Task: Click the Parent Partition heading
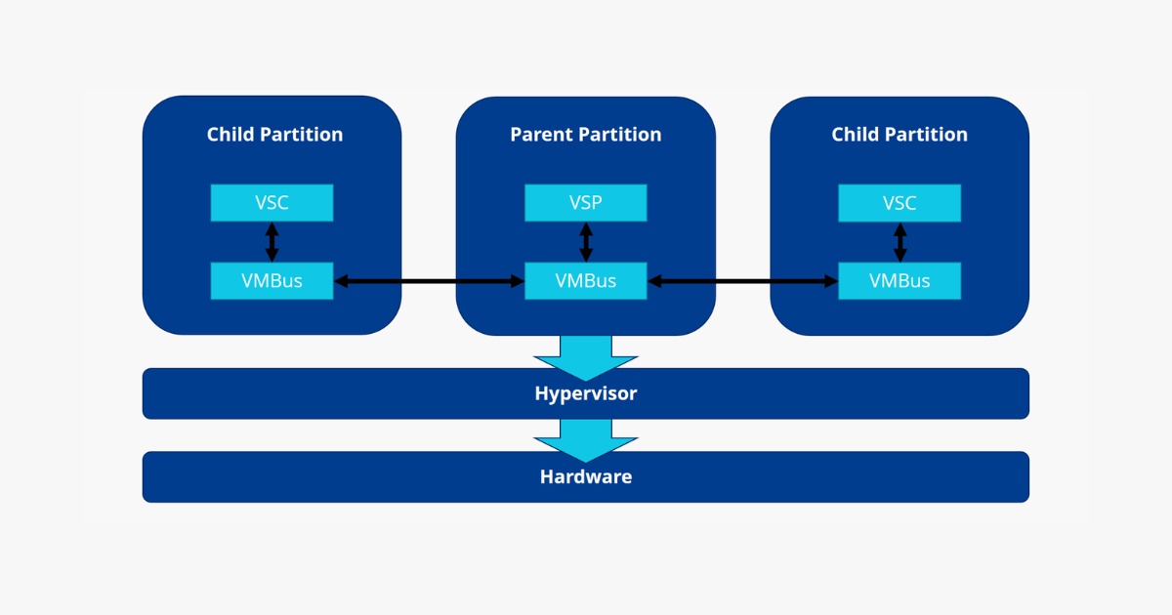[585, 135]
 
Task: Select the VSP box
[585, 203]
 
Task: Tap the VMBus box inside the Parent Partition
[585, 281]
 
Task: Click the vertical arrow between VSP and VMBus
[585, 242]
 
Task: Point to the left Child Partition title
[274, 135]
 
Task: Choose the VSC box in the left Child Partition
[272, 203]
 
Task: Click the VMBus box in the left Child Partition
[272, 281]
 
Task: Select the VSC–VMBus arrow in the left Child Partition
[272, 242]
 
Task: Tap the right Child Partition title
[900, 135]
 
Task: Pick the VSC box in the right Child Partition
[900, 203]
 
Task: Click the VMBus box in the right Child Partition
[900, 281]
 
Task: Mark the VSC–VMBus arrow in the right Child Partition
[900, 242]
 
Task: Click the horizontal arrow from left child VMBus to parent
[429, 282]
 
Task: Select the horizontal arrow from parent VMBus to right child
[743, 282]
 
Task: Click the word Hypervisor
[585, 394]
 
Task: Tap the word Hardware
[585, 477]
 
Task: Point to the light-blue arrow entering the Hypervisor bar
[585, 356]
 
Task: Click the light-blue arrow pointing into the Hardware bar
[585, 439]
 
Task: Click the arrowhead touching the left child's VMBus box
[341, 282]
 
